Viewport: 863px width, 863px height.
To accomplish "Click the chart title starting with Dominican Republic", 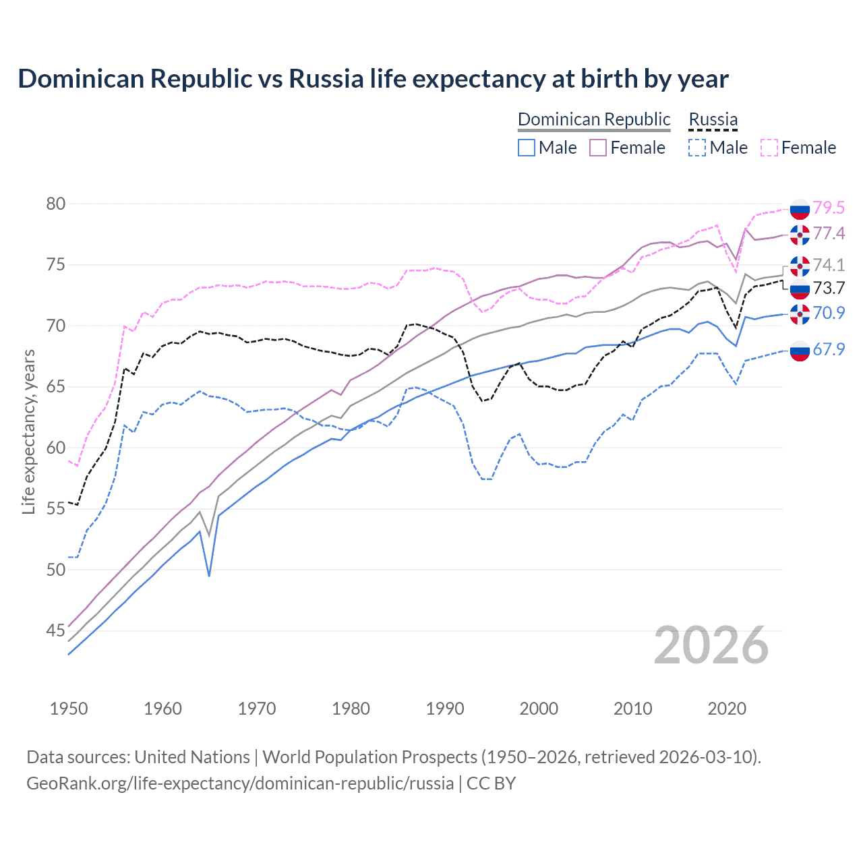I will (373, 79).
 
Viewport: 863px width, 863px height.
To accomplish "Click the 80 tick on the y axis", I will (55, 204).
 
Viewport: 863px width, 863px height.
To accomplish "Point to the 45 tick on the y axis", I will (55, 631).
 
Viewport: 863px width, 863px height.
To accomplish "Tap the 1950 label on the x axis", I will (69, 709).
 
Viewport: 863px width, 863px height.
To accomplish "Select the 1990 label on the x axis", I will (445, 709).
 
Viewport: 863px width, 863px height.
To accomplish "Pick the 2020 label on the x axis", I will (727, 709).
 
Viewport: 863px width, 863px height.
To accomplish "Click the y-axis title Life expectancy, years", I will (28, 431).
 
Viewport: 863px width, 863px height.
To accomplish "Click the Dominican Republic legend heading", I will (594, 119).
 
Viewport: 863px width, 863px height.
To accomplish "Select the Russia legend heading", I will (713, 119).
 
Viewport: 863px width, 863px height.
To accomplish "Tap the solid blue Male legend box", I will (527, 148).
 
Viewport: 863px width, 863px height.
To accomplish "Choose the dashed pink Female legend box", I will (769, 148).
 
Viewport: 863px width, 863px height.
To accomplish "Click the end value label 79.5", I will (829, 208).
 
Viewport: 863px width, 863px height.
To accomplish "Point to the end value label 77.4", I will (829, 233).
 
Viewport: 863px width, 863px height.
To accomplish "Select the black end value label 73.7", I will (829, 288).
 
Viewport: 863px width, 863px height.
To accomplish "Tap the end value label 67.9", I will (829, 349).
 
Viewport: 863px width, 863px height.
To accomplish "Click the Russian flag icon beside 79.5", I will (800, 209).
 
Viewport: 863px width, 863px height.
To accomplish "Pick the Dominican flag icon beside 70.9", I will (800, 314).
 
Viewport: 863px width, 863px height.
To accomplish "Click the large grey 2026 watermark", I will (711, 645).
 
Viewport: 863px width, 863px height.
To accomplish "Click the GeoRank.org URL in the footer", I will (240, 783).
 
